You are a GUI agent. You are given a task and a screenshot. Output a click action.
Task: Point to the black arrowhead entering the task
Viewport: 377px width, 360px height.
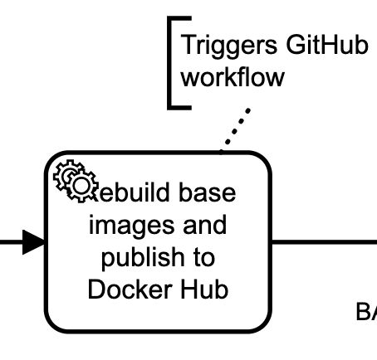point(33,243)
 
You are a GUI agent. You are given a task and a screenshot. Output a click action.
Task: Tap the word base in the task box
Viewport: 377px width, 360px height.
point(208,192)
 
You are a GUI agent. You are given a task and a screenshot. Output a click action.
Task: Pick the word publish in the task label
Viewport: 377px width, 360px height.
point(140,258)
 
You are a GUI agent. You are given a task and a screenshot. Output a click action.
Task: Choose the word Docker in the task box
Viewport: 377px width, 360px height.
point(125,290)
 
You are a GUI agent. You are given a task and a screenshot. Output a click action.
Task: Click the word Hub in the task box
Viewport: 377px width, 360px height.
point(207,290)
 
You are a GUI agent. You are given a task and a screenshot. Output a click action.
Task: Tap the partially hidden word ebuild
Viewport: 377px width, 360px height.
point(133,192)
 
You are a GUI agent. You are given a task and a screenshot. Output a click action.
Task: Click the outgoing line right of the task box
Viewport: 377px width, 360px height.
point(324,242)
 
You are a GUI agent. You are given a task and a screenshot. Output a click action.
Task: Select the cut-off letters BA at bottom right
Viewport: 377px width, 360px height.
point(366,313)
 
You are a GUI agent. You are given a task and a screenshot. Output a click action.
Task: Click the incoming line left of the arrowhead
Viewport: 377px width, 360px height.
point(10,243)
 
